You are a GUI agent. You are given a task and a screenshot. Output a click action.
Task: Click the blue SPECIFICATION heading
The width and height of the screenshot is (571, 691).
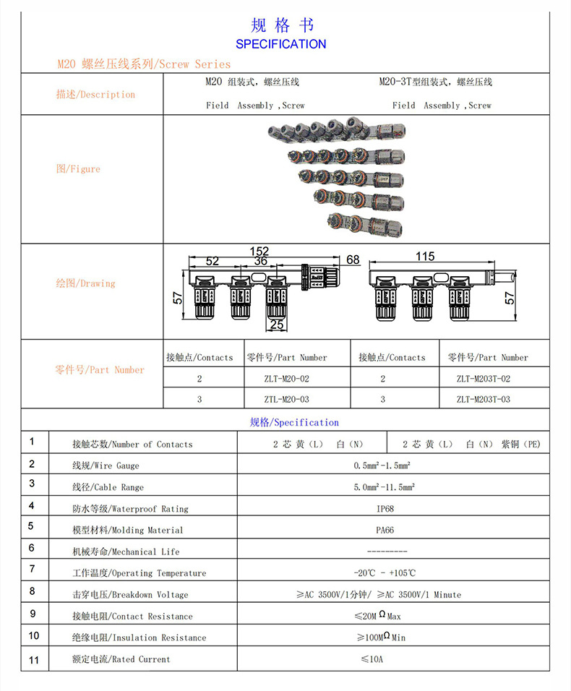tap(281, 44)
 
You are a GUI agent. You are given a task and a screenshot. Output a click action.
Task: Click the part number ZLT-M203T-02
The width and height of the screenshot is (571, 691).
tap(483, 378)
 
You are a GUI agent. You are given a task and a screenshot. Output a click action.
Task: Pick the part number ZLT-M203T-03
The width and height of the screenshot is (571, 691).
tap(483, 399)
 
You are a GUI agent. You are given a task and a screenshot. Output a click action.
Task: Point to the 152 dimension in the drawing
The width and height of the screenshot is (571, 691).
tap(259, 251)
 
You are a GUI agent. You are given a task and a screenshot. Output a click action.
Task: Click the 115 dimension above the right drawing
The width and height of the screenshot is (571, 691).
tap(425, 257)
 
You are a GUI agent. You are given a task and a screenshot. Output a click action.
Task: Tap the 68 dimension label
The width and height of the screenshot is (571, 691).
tap(353, 259)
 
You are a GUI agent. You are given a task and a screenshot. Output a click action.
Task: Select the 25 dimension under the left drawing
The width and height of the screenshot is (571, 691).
tap(277, 325)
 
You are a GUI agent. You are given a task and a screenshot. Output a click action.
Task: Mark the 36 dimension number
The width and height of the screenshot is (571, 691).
tap(260, 261)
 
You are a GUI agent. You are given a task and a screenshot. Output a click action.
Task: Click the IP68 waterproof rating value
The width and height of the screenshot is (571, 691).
tap(385, 508)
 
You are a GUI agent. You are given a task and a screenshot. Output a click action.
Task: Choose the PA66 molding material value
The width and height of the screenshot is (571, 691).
tap(385, 530)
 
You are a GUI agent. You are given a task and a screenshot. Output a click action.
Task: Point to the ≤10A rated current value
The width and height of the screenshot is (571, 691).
tap(372, 658)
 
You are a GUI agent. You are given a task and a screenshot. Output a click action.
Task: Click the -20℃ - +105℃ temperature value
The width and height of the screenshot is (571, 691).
tap(385, 573)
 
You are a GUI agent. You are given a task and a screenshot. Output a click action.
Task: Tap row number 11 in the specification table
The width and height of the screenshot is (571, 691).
tap(34, 660)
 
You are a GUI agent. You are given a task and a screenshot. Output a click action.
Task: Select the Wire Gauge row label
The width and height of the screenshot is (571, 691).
tap(106, 466)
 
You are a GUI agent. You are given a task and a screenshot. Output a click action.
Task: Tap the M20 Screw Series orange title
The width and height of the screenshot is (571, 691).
tap(144, 64)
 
